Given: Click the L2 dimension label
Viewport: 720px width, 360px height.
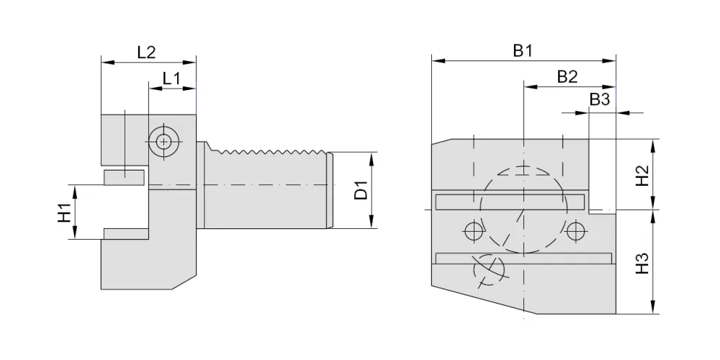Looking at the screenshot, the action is tap(146, 52).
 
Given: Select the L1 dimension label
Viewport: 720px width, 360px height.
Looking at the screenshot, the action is tap(172, 78).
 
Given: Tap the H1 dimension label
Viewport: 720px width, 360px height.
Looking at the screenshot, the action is tap(65, 212).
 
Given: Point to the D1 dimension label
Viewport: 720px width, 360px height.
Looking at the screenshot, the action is tap(361, 190).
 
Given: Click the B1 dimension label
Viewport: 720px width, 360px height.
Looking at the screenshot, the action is tap(523, 51).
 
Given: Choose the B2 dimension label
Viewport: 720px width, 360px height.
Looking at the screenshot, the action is tap(567, 77).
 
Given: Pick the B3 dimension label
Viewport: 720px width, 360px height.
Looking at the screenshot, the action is tap(600, 99).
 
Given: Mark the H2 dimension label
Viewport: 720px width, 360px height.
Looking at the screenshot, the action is tap(642, 175).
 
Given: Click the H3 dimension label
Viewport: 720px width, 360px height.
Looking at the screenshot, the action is tap(642, 263).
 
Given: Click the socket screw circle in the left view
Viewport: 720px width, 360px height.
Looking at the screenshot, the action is tap(163, 141).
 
